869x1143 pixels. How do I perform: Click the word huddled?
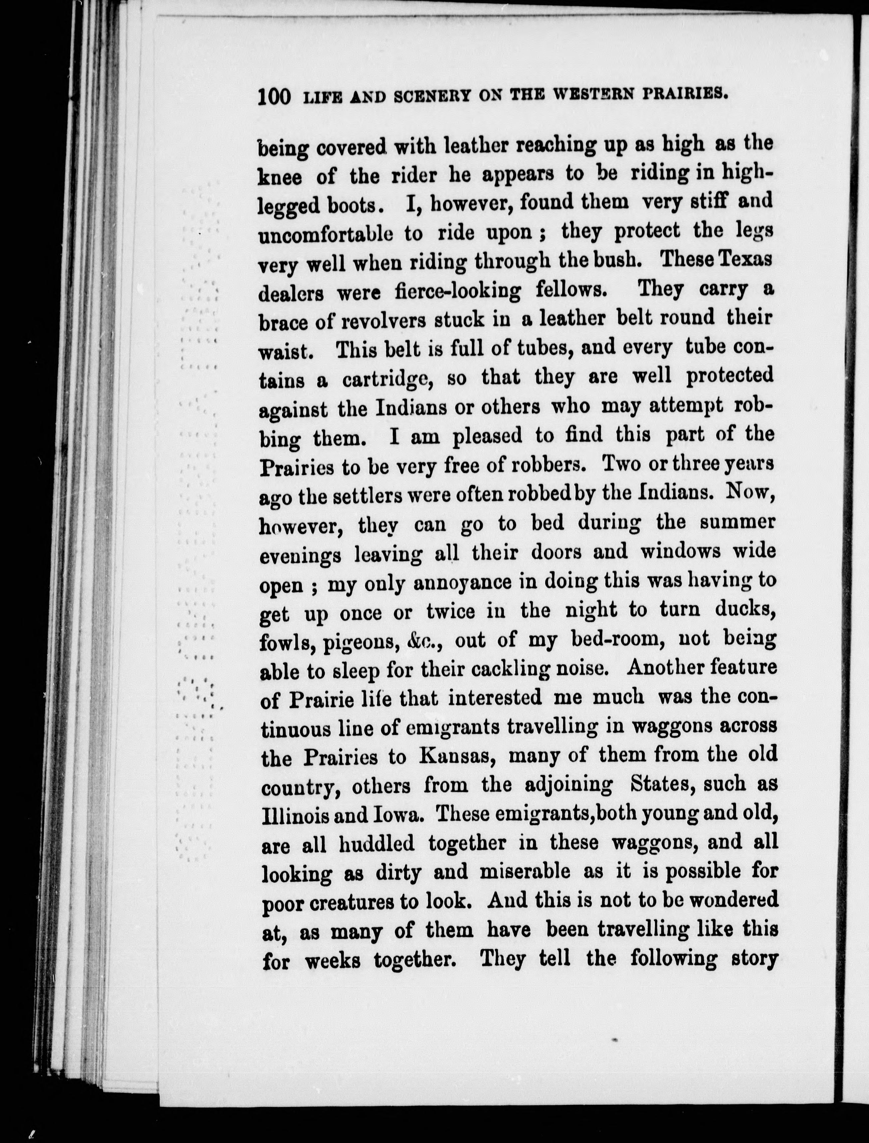coord(377,844)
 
